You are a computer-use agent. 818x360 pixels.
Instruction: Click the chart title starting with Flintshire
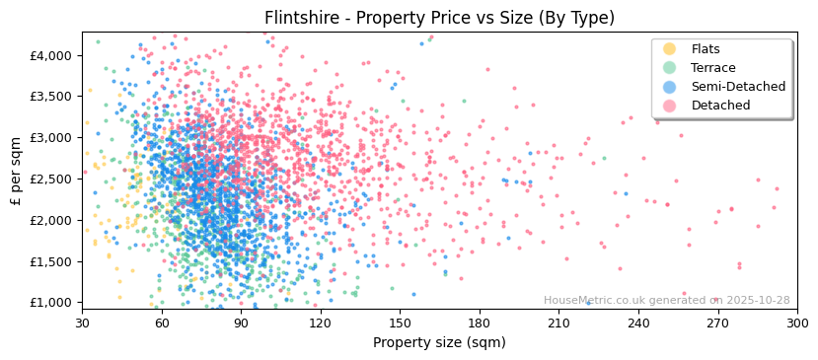point(439,18)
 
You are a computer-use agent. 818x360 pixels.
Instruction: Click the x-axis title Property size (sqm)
point(439,342)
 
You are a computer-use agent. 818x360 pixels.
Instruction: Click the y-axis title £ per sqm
point(16,171)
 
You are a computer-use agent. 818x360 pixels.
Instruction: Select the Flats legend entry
point(706,49)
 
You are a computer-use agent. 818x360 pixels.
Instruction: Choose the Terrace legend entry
point(713,68)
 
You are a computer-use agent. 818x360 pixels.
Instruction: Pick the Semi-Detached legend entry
point(738,87)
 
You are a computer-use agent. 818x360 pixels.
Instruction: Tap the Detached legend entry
point(720,106)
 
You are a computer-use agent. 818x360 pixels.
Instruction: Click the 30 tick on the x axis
point(83,323)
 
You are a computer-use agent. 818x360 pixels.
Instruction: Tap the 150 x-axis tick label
point(400,323)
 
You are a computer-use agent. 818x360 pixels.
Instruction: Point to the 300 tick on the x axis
point(797,323)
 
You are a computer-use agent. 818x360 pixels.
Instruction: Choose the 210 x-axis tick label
point(558,323)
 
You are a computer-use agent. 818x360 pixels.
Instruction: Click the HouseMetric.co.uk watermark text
point(666,300)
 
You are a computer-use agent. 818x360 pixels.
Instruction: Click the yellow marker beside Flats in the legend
point(670,49)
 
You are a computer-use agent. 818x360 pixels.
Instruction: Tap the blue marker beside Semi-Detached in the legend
point(670,87)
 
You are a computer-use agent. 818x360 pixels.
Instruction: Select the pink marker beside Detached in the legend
point(670,106)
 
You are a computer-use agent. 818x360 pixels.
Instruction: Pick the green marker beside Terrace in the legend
point(670,68)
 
